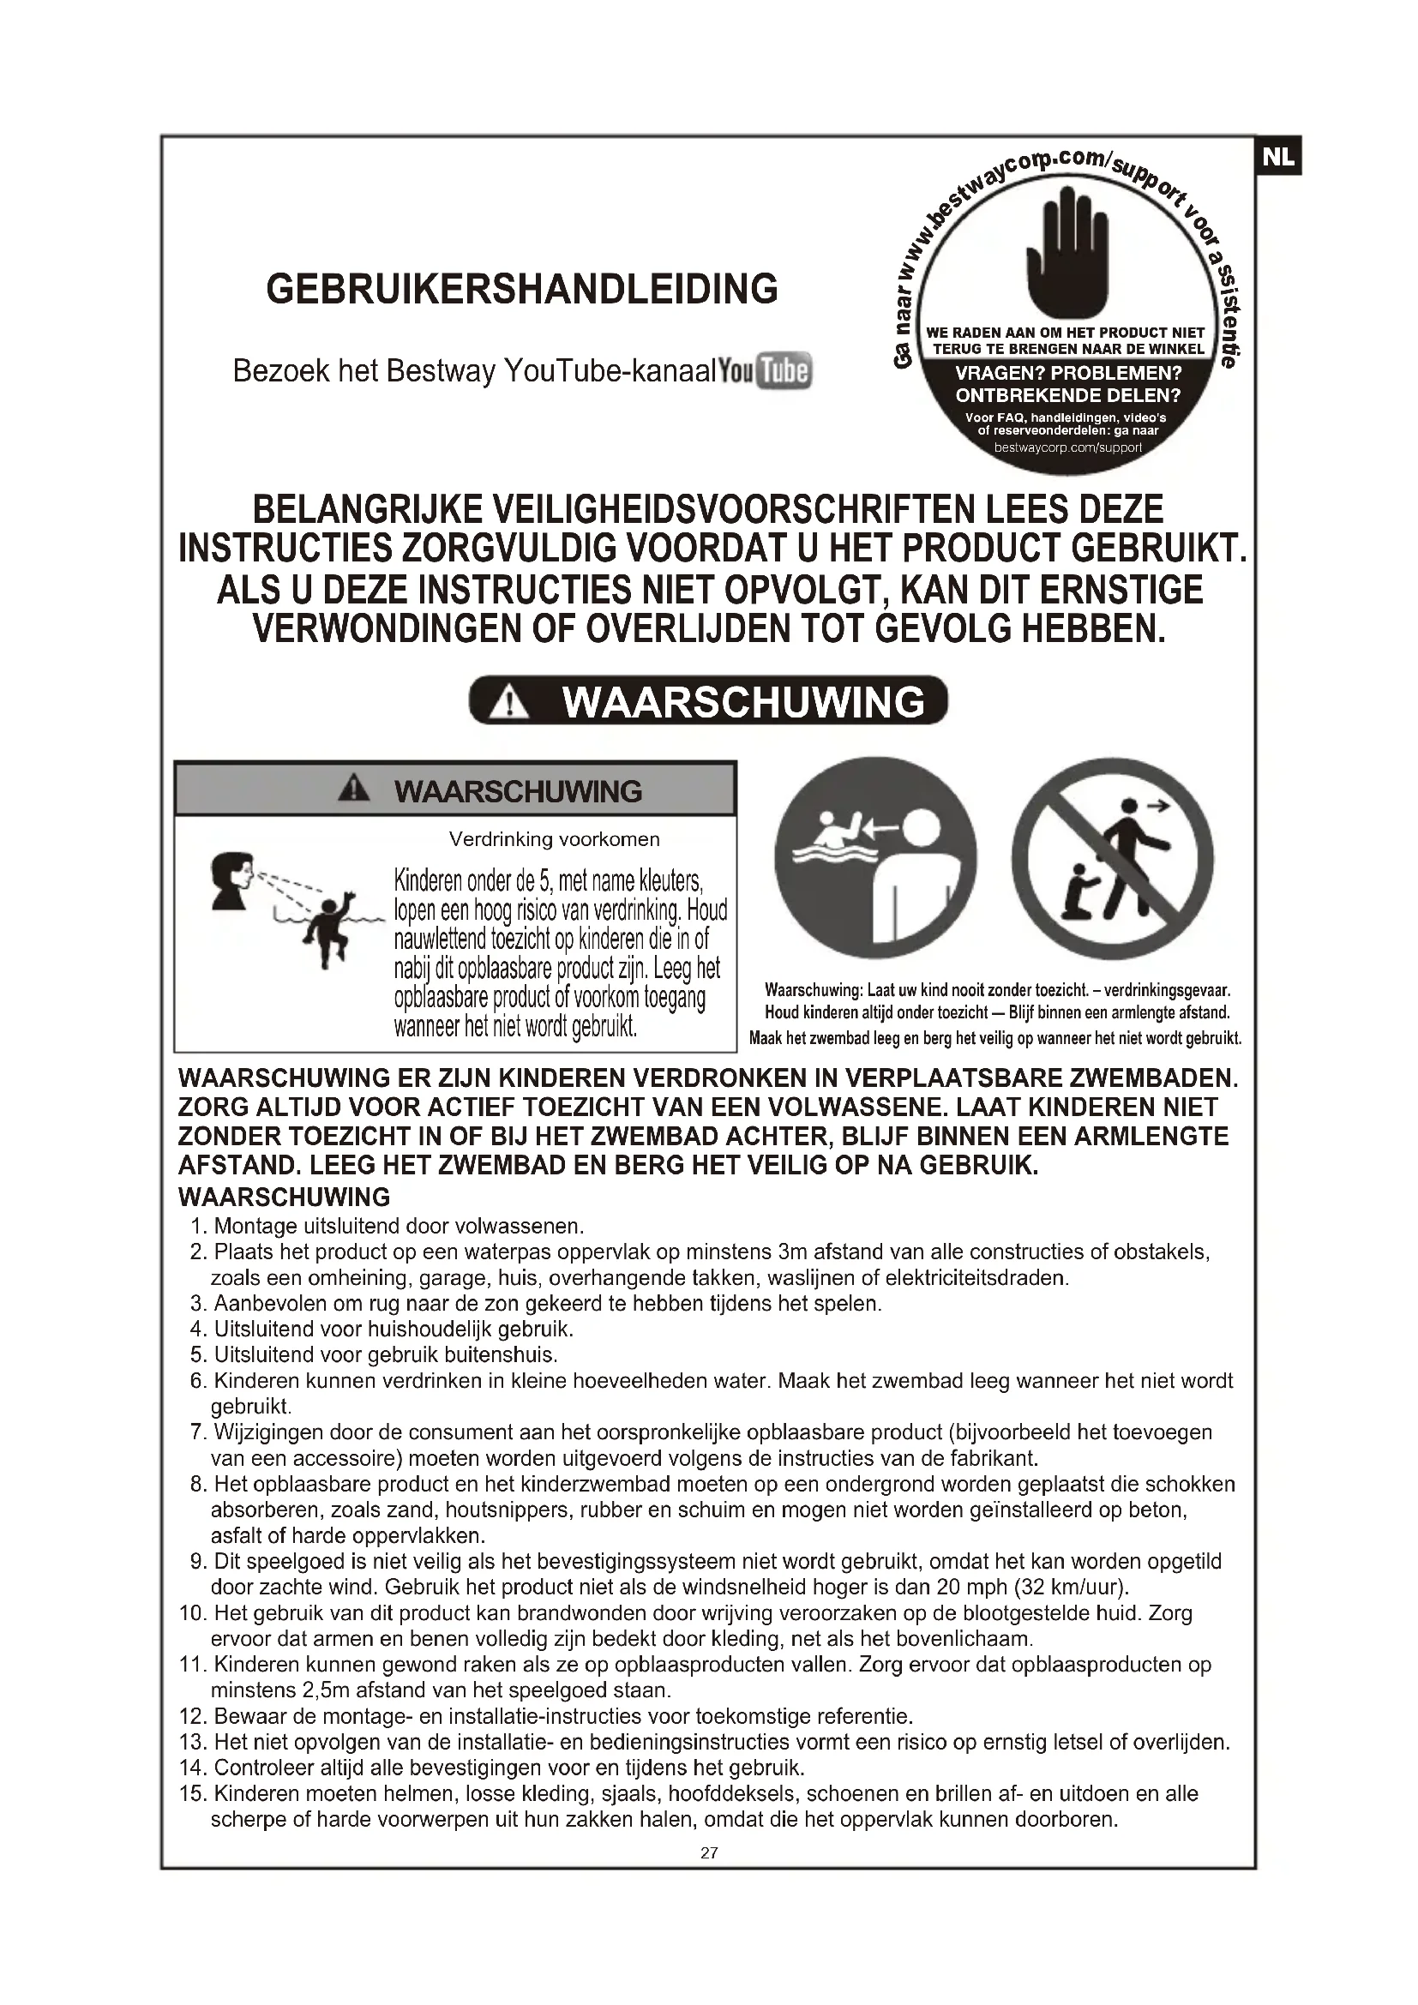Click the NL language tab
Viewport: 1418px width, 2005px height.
click(1279, 156)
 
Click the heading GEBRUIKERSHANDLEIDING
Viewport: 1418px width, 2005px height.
click(521, 289)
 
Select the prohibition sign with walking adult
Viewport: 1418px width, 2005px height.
click(1113, 859)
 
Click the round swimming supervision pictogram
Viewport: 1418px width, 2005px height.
click(876, 859)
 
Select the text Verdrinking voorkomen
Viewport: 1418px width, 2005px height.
click(554, 839)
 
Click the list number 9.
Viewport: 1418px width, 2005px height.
click(197, 1560)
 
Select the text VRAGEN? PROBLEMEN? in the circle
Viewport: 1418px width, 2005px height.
click(1068, 374)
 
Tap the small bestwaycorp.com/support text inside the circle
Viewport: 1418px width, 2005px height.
click(1068, 448)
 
